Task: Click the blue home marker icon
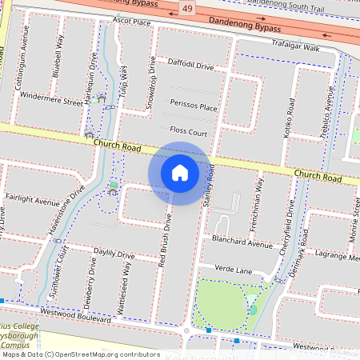180,173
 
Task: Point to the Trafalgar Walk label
295,48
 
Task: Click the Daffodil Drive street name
190,64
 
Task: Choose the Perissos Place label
194,106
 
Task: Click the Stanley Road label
210,186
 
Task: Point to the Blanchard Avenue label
242,241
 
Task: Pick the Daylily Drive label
114,254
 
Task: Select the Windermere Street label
51,102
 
